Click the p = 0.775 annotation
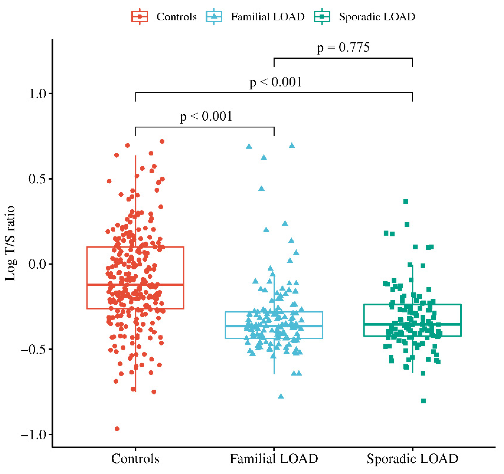click(343, 47)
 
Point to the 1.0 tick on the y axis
click(38, 94)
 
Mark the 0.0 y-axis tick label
click(38, 264)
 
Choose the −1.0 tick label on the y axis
click(33, 435)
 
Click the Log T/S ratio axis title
click(10, 243)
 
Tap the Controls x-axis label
click(135, 459)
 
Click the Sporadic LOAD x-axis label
click(412, 459)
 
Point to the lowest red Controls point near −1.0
click(117, 429)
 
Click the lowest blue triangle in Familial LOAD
click(281, 396)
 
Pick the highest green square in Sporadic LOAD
click(406, 202)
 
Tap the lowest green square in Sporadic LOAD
click(423, 401)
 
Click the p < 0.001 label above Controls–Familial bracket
click(206, 117)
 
